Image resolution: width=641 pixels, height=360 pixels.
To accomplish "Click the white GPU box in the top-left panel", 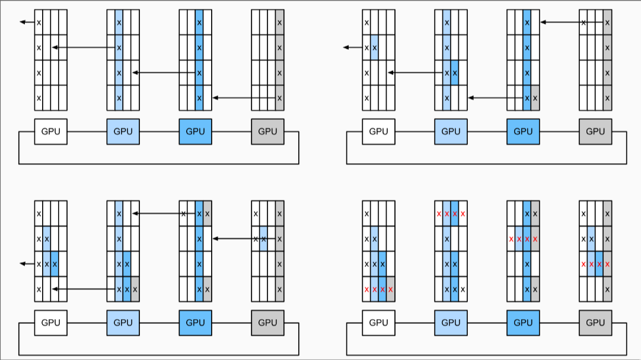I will pyautogui.click(x=50, y=132).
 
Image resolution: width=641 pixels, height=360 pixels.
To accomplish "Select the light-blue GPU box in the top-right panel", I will pyautogui.click(x=451, y=132).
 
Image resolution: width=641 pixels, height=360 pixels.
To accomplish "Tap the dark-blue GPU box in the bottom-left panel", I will pyautogui.click(x=195, y=322).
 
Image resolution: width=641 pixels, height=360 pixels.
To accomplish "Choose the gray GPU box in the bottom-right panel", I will pyautogui.click(x=595, y=322).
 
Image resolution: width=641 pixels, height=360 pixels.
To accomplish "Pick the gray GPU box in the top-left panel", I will pyautogui.click(x=267, y=132).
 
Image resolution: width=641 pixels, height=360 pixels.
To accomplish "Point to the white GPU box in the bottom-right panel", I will pyautogui.click(x=378, y=322).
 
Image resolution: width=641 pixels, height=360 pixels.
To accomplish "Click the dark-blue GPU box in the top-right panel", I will pyautogui.click(x=523, y=132).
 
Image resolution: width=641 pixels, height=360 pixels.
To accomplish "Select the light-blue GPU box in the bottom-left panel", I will pyautogui.click(x=123, y=322).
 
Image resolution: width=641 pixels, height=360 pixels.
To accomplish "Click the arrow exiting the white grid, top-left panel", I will pyautogui.click(x=27, y=23).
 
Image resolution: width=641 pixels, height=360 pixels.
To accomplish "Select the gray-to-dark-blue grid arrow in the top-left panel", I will pyautogui.click(x=243, y=97).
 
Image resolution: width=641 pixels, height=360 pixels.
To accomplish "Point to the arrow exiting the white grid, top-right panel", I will pyautogui.click(x=353, y=47).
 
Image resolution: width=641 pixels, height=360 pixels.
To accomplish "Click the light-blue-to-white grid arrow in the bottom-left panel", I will pyautogui.click(x=83, y=289).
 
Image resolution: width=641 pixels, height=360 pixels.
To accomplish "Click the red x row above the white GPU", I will pyautogui.click(x=378, y=289).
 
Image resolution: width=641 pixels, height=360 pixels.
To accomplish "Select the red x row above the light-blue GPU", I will pyautogui.click(x=451, y=214).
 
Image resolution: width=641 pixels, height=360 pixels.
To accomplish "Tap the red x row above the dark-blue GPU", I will pyautogui.click(x=523, y=239).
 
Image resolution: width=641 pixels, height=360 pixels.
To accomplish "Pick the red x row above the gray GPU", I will pyautogui.click(x=595, y=264).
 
